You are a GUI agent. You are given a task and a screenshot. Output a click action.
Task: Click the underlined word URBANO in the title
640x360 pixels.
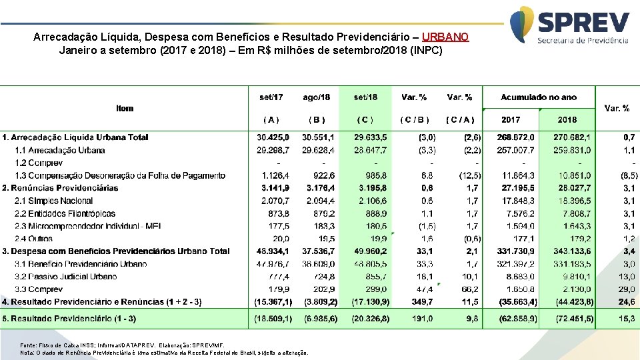445,37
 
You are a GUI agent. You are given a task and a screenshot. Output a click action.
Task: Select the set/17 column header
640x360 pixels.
271,97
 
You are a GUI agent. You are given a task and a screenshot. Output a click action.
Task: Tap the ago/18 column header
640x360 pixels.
317,97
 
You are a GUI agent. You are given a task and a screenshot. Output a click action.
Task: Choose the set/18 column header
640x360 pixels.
365,97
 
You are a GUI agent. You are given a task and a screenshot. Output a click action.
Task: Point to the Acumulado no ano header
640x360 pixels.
539,97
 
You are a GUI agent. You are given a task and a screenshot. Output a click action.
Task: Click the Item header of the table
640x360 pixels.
125,108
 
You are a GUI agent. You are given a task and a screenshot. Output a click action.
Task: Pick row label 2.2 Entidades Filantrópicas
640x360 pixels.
65,213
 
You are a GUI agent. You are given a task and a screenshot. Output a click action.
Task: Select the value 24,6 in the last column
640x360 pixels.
629,302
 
